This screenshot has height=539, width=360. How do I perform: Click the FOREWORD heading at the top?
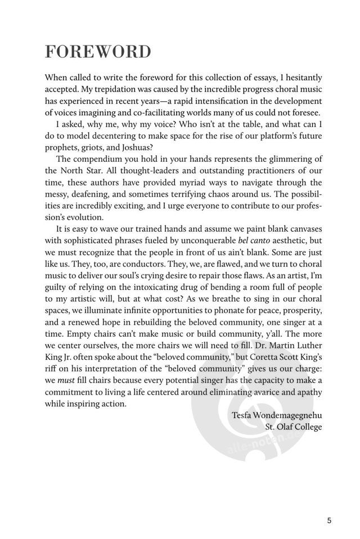click(98, 52)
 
